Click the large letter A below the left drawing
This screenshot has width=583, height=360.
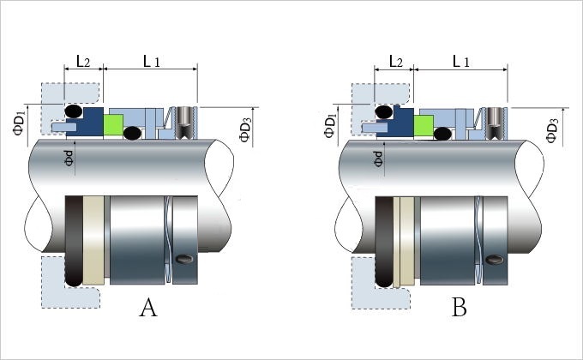148,308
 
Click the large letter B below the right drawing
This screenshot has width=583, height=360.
460,308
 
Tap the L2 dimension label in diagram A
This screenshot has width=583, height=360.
83,61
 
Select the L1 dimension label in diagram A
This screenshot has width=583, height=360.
152,61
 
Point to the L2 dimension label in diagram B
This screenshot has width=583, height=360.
395,61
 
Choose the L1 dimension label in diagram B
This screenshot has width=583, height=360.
461,61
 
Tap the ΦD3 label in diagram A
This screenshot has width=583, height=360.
245,129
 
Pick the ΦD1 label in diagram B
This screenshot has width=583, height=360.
330,125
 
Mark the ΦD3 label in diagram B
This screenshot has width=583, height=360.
552,130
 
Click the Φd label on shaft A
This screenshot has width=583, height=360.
69,158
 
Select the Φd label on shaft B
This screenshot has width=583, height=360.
378,159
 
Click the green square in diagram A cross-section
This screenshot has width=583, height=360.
113,125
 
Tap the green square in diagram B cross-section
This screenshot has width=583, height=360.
424,126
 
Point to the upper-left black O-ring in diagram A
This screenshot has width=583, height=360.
73,111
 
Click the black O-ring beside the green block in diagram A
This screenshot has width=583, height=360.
132,133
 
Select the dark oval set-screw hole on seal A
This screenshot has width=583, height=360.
184,259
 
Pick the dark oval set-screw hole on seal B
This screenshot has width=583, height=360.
495,260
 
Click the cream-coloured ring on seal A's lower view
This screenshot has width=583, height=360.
93,240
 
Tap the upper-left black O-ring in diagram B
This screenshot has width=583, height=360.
384,111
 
